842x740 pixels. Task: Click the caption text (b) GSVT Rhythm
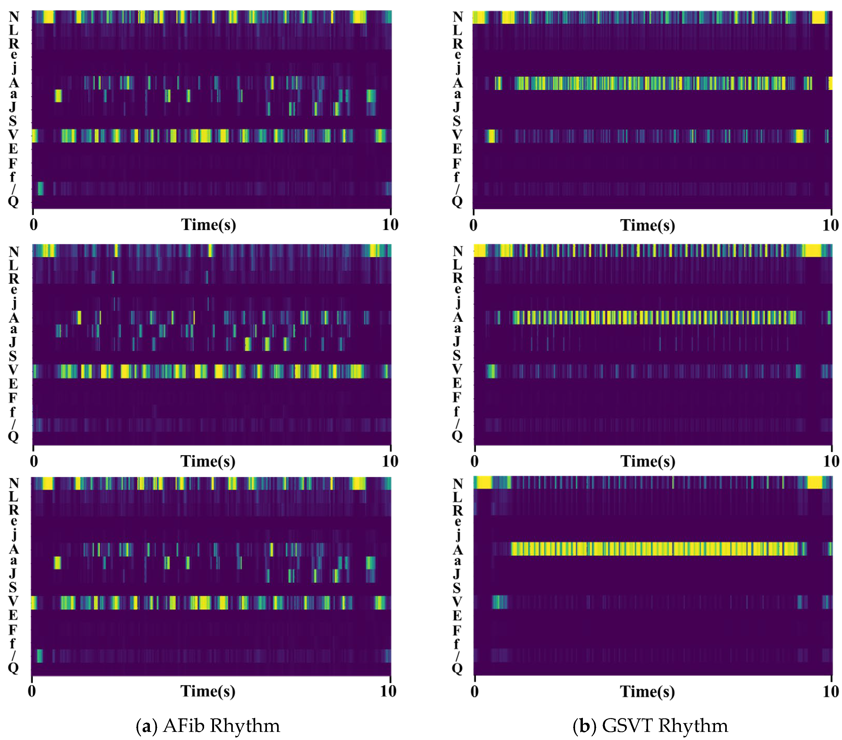pyautogui.click(x=650, y=726)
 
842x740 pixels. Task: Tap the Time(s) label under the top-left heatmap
pyautogui.click(x=209, y=225)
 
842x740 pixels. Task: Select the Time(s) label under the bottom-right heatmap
pyautogui.click(x=648, y=692)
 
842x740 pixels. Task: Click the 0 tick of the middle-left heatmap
pyautogui.click(x=34, y=461)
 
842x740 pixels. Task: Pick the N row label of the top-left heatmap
pyautogui.click(x=14, y=17)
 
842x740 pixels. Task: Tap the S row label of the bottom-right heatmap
pyautogui.click(x=457, y=588)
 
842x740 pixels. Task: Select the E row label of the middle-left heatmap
pyautogui.click(x=13, y=384)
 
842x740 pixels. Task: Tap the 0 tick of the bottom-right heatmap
pyautogui.click(x=474, y=692)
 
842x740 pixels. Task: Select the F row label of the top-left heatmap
pyautogui.click(x=13, y=163)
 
